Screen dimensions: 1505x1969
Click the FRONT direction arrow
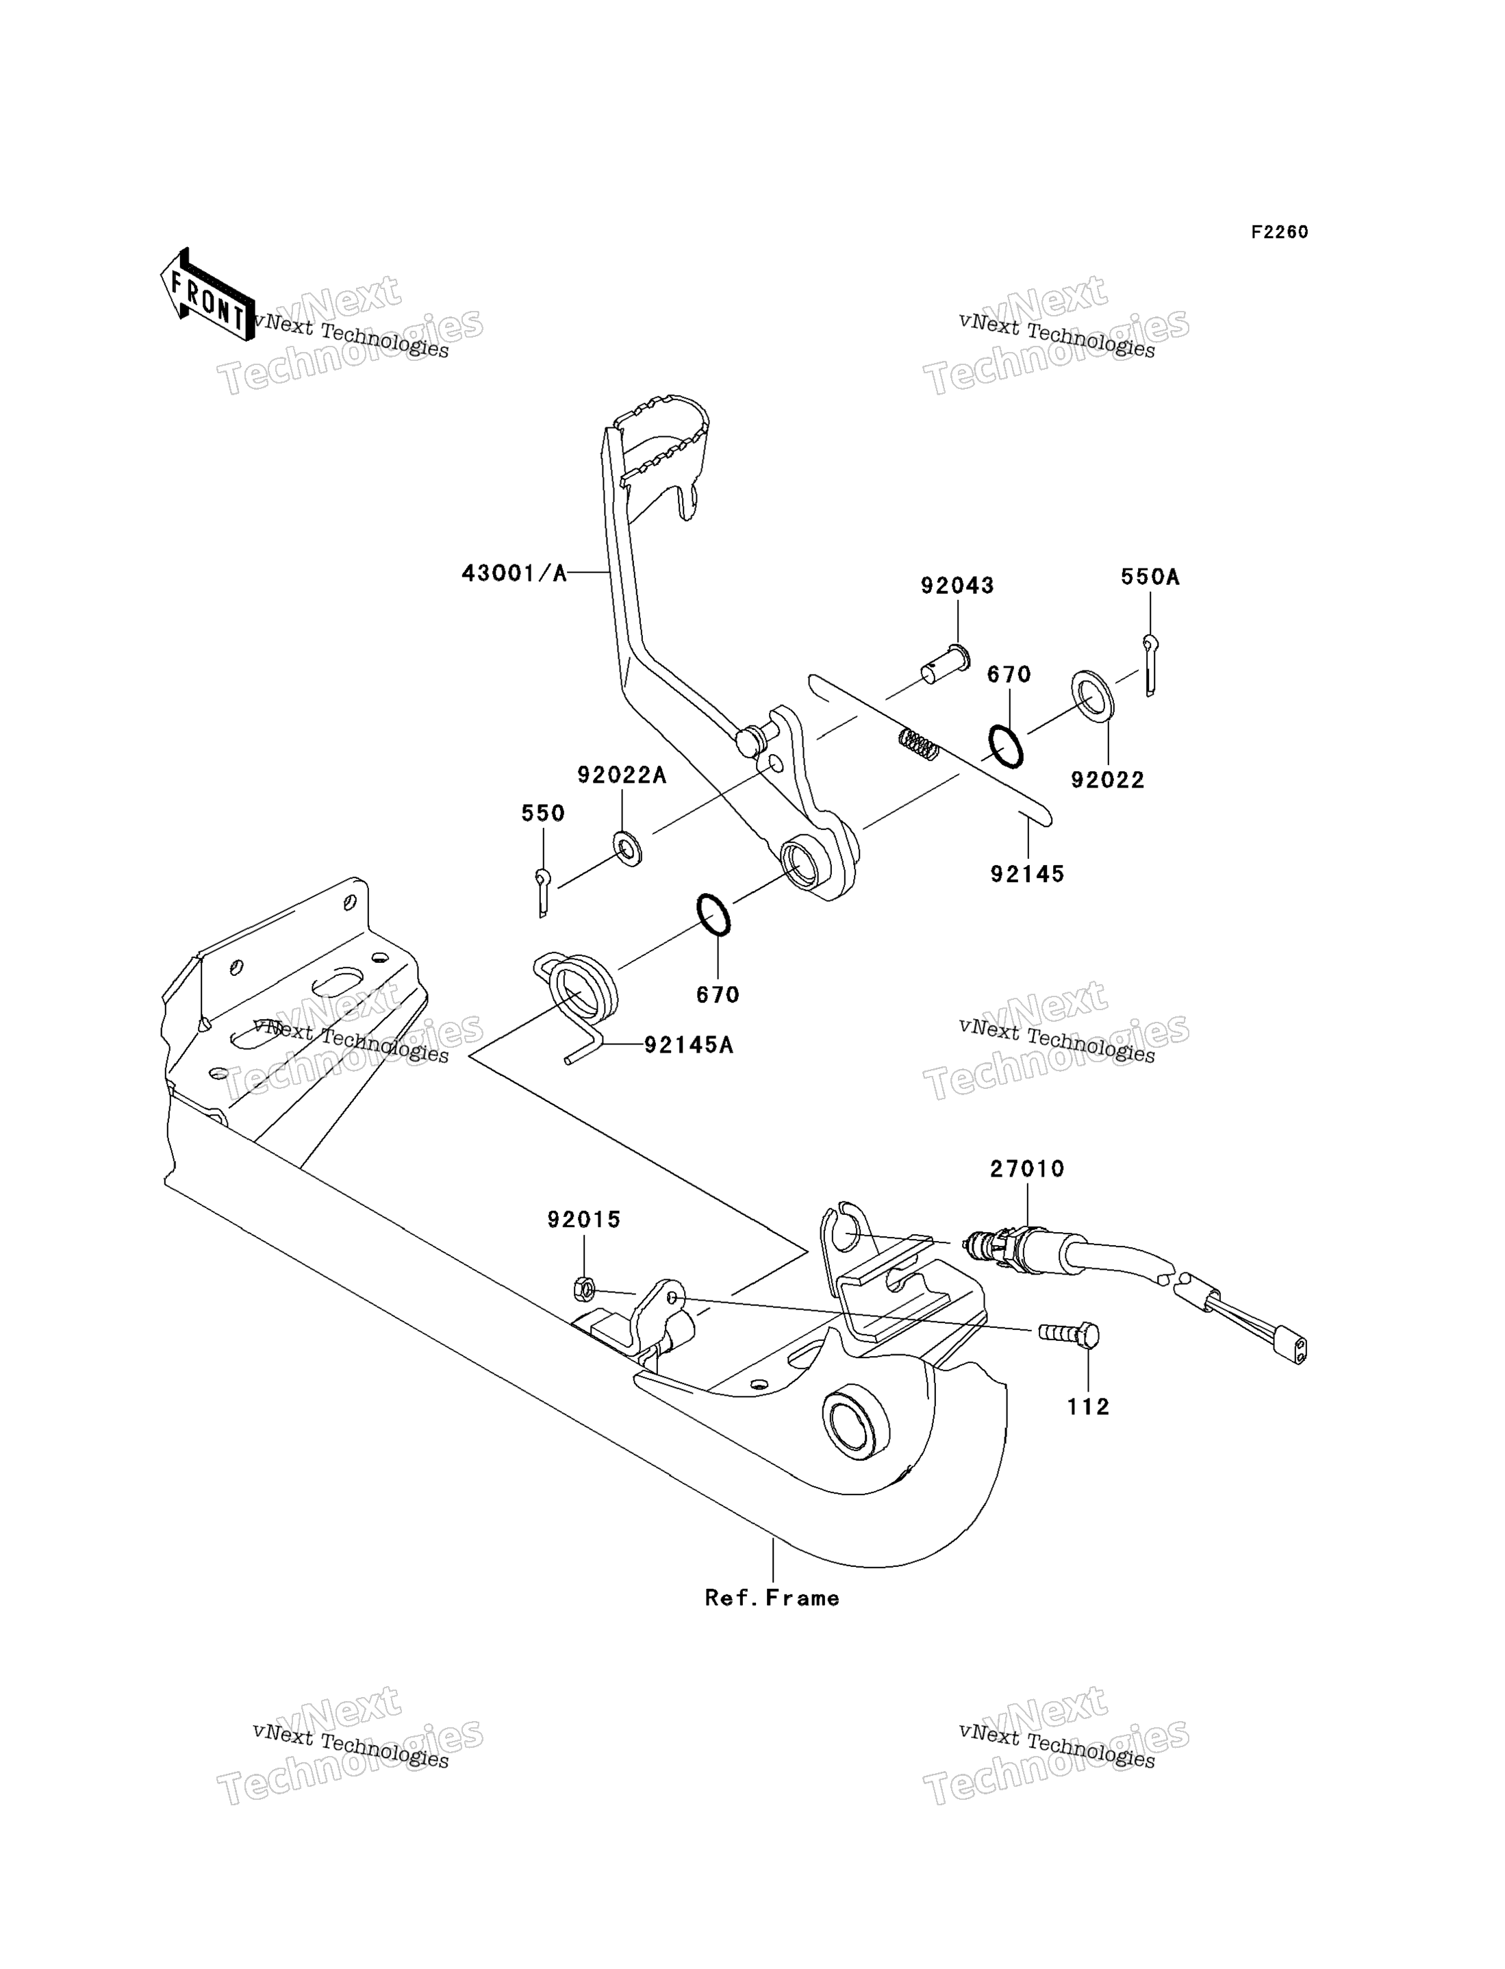click(207, 296)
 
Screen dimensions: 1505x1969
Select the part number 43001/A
click(514, 573)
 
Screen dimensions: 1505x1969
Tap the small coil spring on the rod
click(919, 744)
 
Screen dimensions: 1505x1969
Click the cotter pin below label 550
click(543, 892)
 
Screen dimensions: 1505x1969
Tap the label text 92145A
click(689, 1045)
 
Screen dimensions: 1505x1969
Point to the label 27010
click(1028, 1169)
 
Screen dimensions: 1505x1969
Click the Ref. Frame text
click(772, 1598)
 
